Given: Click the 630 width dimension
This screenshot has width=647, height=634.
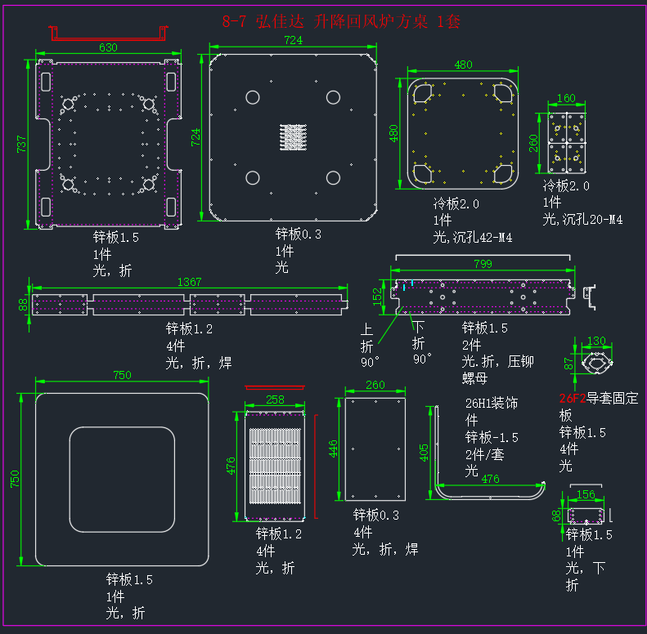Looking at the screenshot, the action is [108, 48].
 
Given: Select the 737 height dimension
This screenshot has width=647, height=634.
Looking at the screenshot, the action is [21, 145].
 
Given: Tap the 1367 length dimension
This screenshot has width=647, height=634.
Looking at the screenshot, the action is [190, 282].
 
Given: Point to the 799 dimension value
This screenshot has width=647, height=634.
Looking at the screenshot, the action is [483, 264].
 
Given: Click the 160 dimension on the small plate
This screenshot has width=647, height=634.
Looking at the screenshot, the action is [566, 98].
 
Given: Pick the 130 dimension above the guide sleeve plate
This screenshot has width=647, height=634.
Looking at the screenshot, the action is [596, 341].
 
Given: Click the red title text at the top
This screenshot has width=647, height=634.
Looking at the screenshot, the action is [341, 21].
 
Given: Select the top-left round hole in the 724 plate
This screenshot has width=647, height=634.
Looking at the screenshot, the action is [253, 98].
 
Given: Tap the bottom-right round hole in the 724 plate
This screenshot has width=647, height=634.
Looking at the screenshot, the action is [333, 177].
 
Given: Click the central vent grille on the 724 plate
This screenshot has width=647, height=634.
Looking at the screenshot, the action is [294, 137].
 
